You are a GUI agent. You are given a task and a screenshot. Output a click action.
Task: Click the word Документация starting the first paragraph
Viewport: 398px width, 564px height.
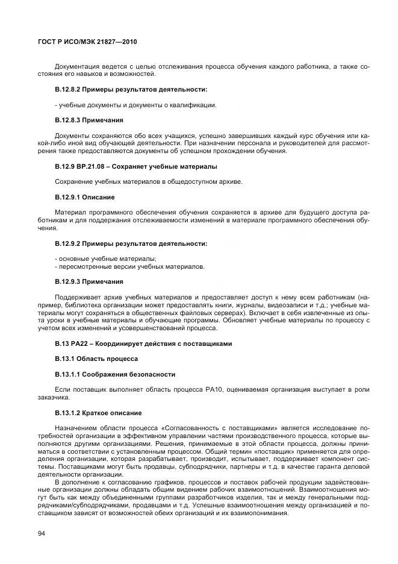[x=75, y=66]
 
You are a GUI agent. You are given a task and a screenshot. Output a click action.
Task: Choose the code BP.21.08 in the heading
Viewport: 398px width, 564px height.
[x=96, y=166]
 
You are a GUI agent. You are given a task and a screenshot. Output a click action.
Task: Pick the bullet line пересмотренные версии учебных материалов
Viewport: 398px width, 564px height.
[x=129, y=266]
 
